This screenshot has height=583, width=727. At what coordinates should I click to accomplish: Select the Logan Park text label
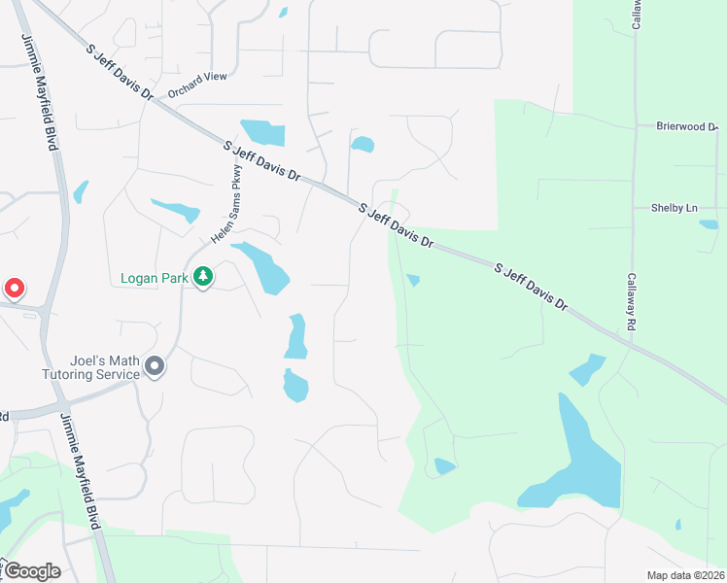pyautogui.click(x=154, y=278)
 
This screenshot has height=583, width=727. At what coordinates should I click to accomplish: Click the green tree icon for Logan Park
pyautogui.click(x=202, y=278)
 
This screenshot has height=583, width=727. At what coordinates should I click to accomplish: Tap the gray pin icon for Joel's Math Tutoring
pyautogui.click(x=155, y=366)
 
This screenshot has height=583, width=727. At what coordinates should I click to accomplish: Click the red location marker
pyautogui.click(x=15, y=289)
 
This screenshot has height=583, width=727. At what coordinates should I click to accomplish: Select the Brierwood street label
pyautogui.click(x=685, y=126)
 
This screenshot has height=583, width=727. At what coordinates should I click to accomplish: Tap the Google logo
pyautogui.click(x=33, y=570)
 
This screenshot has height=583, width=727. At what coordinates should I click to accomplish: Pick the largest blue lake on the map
pyautogui.click(x=578, y=462)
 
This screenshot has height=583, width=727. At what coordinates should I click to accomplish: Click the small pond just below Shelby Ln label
pyautogui.click(x=709, y=224)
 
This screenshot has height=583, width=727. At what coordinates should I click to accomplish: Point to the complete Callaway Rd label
pyautogui.click(x=630, y=302)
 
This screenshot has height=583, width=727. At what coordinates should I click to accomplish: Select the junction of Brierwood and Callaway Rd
pyautogui.click(x=634, y=126)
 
